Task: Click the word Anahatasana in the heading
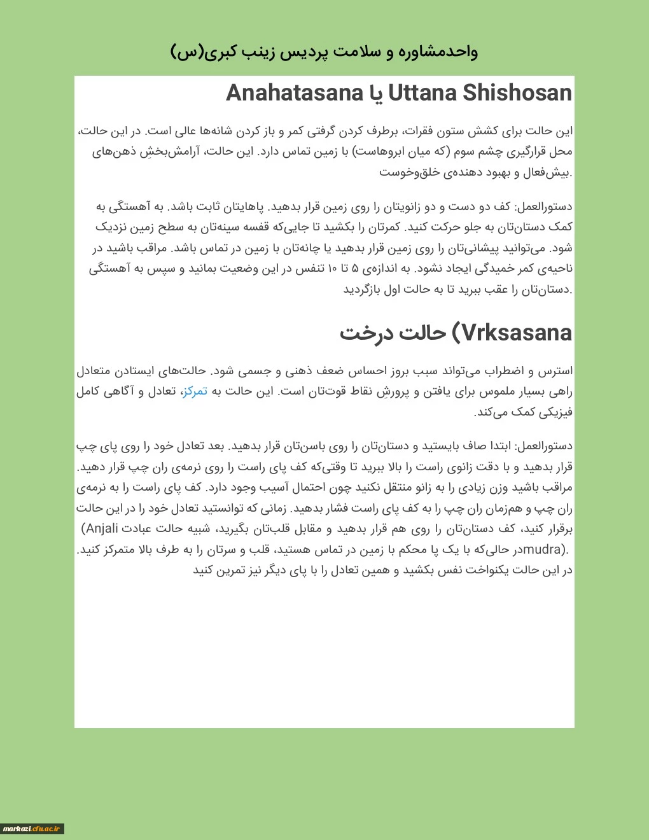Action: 294,93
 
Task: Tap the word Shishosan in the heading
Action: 517,93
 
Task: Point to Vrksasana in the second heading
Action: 517,333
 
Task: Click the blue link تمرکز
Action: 195,391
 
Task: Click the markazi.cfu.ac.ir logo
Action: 32,829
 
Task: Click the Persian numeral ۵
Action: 355,269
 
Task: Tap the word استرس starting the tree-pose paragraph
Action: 555,370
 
